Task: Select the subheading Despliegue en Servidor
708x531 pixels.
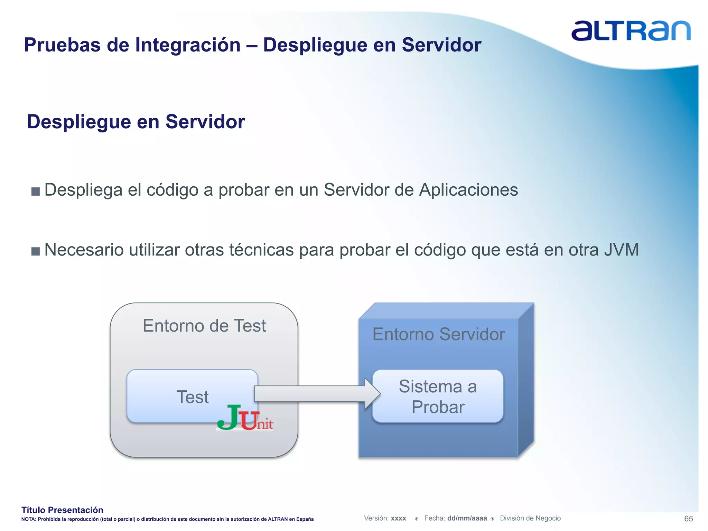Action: (x=136, y=122)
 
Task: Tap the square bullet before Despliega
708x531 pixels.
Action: (x=36, y=191)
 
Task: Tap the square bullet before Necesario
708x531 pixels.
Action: (x=36, y=251)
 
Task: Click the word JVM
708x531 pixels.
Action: (x=621, y=250)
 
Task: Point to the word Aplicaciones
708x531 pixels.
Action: (x=468, y=190)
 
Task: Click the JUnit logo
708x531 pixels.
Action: (x=245, y=418)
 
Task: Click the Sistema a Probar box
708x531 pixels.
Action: (x=438, y=396)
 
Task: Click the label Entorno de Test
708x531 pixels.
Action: (x=204, y=326)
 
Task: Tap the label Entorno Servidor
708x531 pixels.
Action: (x=438, y=334)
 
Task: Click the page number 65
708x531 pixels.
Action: (x=688, y=519)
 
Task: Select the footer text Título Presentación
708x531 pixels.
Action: (x=62, y=510)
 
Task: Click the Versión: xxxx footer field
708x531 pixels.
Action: (x=385, y=518)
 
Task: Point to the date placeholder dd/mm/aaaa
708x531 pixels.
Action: (x=467, y=518)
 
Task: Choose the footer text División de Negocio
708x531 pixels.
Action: (x=530, y=518)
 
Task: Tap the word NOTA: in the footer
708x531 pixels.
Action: (x=28, y=519)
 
